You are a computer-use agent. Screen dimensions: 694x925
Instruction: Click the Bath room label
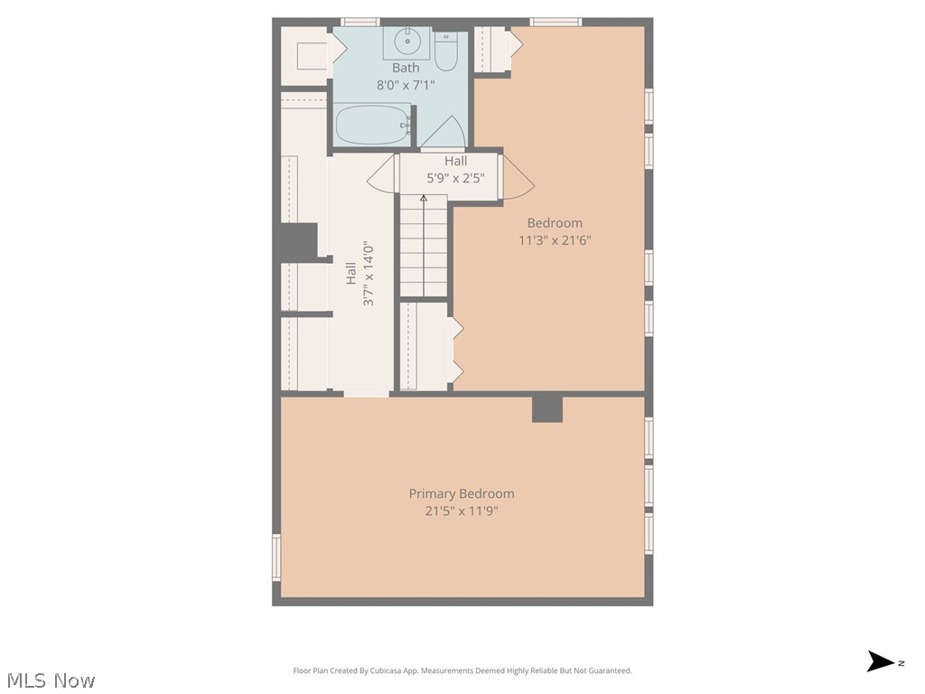click(406, 68)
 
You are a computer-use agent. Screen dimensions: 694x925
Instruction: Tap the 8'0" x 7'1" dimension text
click(406, 85)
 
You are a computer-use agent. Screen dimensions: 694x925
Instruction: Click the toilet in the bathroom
click(446, 53)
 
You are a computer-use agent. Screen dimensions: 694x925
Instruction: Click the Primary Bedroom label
click(462, 493)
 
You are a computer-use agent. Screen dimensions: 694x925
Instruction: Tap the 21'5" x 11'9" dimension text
click(462, 511)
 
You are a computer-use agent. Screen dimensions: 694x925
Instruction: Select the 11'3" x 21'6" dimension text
click(555, 240)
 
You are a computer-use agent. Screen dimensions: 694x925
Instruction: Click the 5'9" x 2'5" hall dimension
click(455, 178)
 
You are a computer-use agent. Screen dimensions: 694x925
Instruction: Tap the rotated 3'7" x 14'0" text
click(369, 273)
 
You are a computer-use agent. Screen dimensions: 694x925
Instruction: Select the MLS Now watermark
click(50, 680)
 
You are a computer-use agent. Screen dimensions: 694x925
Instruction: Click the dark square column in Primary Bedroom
click(547, 408)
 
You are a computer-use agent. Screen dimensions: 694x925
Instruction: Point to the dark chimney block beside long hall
click(296, 241)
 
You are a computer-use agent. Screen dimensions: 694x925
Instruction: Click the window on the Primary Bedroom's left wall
click(276, 557)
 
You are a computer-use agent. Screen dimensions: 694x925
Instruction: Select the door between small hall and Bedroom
click(518, 177)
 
